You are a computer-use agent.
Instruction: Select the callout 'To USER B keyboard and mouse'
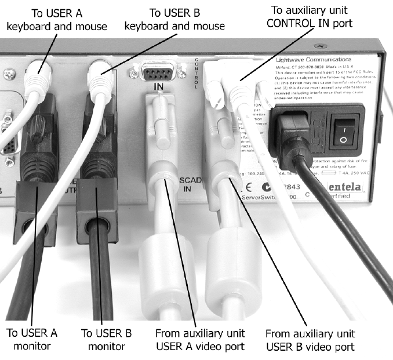tap(174, 20)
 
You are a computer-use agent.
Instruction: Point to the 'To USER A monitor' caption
tap(32, 340)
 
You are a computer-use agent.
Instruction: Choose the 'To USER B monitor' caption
tap(107, 340)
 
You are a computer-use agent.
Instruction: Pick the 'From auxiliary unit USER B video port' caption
tap(310, 341)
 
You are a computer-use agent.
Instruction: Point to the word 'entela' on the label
tap(352, 187)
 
